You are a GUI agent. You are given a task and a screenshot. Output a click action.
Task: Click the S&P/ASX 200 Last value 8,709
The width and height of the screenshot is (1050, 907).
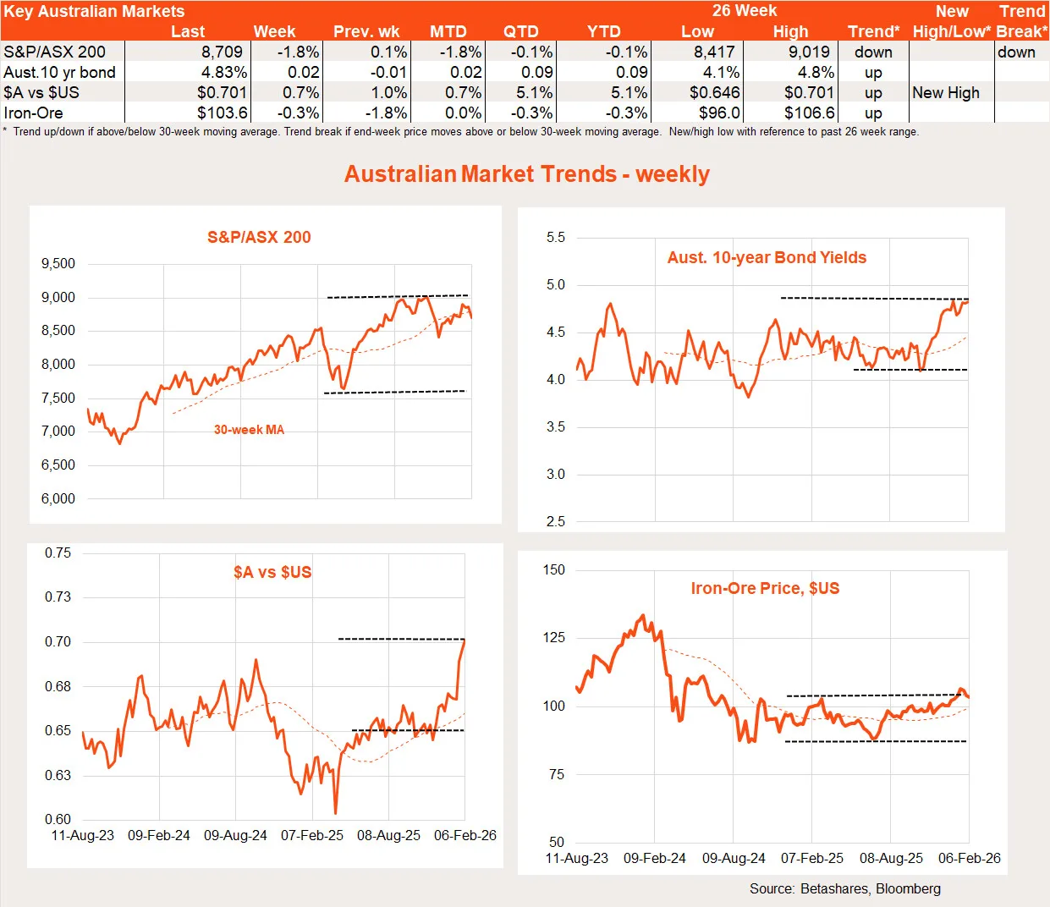[222, 52]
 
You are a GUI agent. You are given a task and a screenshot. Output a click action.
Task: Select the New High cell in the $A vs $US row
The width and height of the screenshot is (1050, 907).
[946, 93]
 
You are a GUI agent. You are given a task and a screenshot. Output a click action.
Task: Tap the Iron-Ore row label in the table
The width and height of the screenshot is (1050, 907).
[34, 113]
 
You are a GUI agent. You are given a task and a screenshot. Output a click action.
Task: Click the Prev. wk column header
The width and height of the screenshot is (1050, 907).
[366, 32]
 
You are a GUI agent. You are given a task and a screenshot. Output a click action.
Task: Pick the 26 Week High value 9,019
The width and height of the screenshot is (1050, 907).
[810, 52]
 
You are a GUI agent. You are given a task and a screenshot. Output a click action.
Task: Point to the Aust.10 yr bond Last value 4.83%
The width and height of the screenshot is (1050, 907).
[224, 73]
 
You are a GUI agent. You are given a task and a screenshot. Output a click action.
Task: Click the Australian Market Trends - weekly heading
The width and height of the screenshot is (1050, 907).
[526, 174]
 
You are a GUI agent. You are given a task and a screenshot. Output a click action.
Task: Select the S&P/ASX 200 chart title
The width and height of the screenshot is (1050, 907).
[259, 238]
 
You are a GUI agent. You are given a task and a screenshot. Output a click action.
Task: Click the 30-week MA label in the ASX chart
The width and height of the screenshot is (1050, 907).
[249, 430]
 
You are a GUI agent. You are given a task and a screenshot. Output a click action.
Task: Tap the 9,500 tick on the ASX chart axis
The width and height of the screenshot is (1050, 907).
[58, 264]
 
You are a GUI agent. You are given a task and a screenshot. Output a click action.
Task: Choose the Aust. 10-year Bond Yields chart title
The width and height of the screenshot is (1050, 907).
[767, 258]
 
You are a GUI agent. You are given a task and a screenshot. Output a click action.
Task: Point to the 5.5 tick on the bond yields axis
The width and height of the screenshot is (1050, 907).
[556, 238]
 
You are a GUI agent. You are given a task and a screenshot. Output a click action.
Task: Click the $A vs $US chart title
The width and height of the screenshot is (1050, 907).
[272, 573]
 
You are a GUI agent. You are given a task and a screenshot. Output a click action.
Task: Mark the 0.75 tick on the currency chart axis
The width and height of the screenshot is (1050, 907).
[58, 553]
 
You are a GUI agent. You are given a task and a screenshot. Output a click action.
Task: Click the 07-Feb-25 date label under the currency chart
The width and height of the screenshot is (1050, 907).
[312, 836]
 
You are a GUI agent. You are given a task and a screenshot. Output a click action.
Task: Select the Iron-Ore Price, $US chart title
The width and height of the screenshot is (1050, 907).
[765, 589]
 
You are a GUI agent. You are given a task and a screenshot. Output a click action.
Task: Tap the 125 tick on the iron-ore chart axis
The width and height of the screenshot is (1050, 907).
[554, 638]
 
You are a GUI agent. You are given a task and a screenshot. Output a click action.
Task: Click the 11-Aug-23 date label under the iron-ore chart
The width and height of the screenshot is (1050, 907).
[576, 859]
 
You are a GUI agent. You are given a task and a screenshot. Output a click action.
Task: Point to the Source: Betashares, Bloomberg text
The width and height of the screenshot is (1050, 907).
[844, 889]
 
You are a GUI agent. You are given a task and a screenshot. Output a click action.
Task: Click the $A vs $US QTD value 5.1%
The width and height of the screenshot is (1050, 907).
[535, 93]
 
